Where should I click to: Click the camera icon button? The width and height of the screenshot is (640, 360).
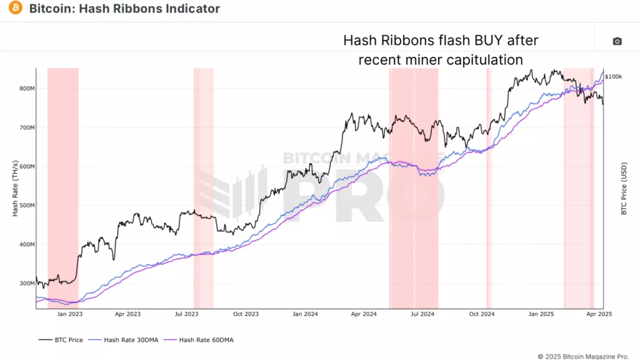click(617, 41)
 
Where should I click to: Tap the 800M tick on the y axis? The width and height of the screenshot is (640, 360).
click(27, 89)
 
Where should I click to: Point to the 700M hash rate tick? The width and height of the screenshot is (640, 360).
click(27, 127)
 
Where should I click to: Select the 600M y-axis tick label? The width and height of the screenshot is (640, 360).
click(27, 167)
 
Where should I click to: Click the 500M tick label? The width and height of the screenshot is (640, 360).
click(27, 206)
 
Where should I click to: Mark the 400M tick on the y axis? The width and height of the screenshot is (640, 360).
click(27, 244)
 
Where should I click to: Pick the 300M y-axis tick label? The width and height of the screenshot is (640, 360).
click(27, 283)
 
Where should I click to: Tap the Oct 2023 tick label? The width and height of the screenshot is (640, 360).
click(246, 314)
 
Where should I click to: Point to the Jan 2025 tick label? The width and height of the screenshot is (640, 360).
click(542, 314)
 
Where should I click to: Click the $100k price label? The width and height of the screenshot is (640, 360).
click(613, 76)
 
